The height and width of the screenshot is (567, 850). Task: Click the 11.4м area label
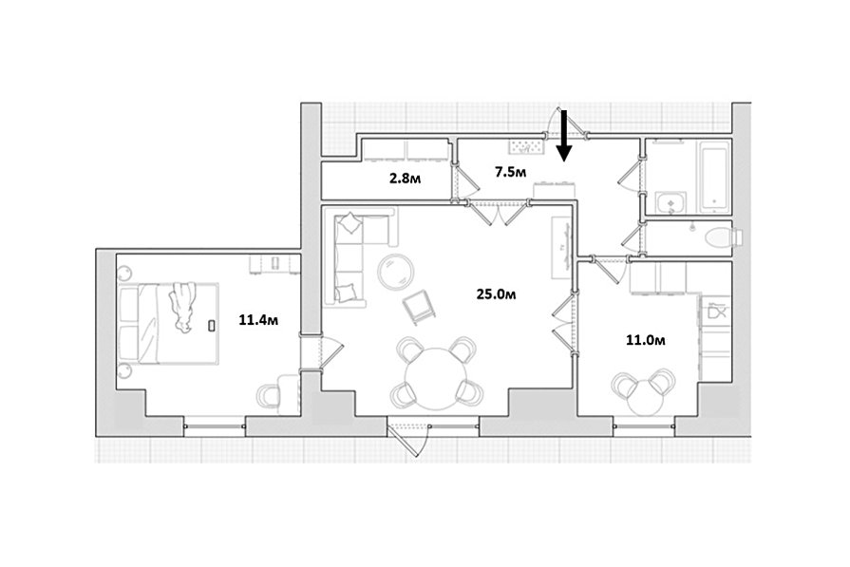[x=258, y=320]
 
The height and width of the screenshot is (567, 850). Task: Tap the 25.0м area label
[x=496, y=293]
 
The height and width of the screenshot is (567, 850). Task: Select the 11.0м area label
[x=646, y=340]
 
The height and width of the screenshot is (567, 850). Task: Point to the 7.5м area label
[x=510, y=172]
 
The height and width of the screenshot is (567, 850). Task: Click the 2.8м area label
[x=406, y=179]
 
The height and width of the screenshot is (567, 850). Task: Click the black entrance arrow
[x=564, y=136]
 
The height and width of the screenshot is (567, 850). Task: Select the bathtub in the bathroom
[x=713, y=178]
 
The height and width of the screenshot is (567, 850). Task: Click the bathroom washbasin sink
[x=671, y=204]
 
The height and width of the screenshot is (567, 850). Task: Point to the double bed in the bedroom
[x=169, y=323]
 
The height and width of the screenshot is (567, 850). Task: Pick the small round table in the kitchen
[x=646, y=397]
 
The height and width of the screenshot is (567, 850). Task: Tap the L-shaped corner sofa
[x=353, y=255]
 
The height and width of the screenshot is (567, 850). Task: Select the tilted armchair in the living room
[x=419, y=307]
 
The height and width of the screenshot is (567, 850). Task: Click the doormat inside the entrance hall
[x=526, y=146]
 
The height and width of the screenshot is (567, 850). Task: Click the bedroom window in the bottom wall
[x=214, y=425]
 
